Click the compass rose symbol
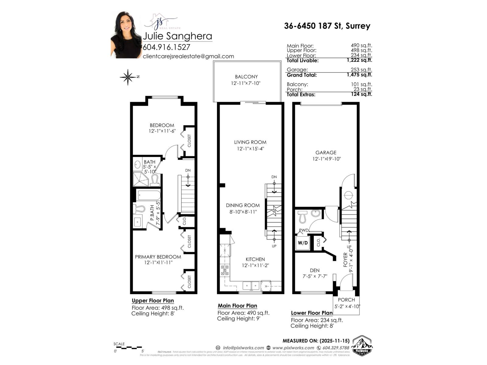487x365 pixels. [128, 77]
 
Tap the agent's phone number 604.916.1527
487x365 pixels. [166, 47]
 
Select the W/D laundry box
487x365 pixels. [303, 243]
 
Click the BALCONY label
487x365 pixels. [246, 77]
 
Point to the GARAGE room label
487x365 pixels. [326, 153]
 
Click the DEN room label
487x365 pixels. [314, 270]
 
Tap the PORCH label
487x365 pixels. [346, 300]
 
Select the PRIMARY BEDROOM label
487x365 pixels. [158, 257]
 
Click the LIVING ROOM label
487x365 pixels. [250, 142]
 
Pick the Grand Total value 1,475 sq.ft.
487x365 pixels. [359, 75]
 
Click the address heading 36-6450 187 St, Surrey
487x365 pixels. [327, 26]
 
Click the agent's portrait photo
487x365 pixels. [126, 35]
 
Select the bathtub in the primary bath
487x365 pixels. [149, 195]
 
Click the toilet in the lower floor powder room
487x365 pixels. [303, 217]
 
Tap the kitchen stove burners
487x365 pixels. [225, 270]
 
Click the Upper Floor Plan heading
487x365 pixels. [153, 301]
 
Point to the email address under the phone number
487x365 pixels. [188, 56]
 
